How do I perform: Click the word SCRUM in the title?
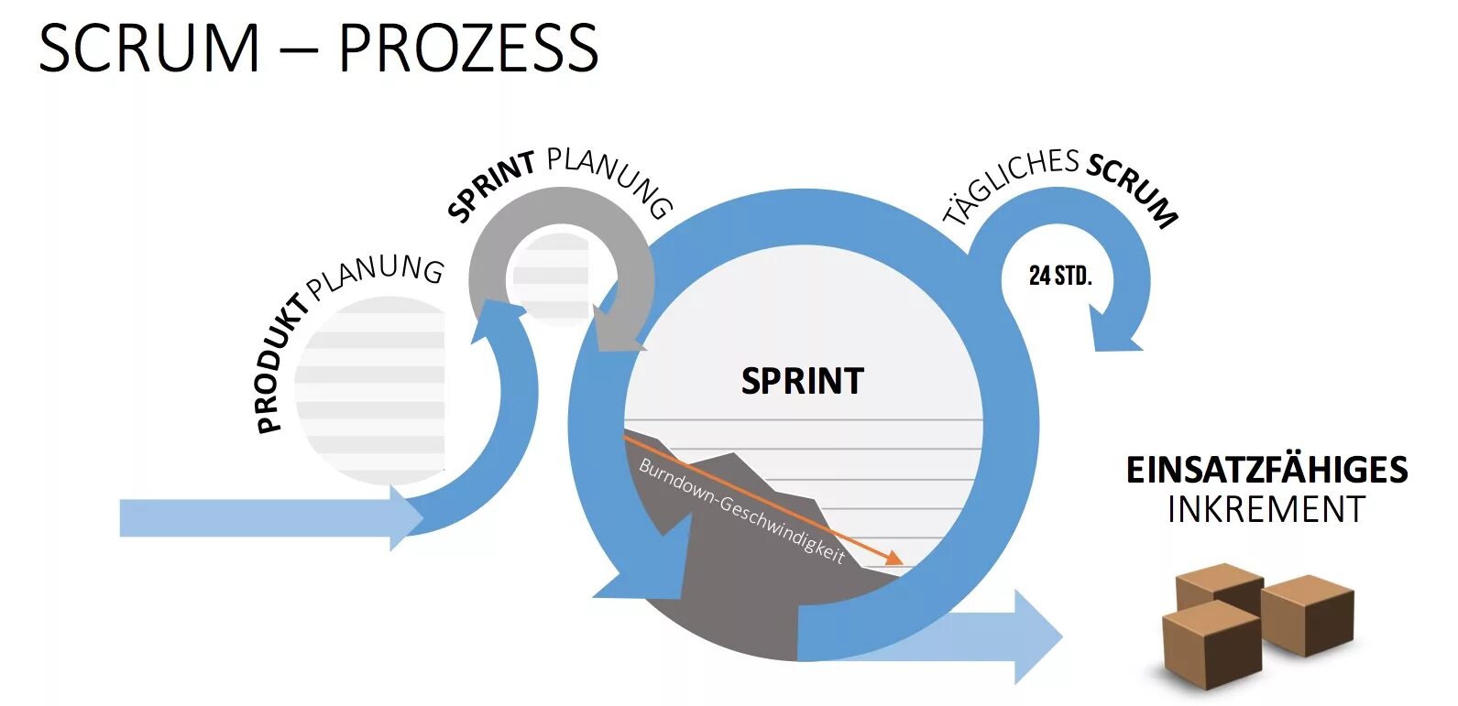[149, 49]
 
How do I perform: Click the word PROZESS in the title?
[467, 49]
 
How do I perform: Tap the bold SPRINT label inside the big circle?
[802, 381]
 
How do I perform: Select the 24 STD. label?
[1060, 276]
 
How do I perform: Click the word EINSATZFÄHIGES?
[1266, 470]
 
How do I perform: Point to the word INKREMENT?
[1266, 509]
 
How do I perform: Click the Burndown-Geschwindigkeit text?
[740, 510]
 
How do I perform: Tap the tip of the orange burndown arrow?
[900, 562]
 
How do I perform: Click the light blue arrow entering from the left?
[266, 518]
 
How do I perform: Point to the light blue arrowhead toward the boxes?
[1036, 636]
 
